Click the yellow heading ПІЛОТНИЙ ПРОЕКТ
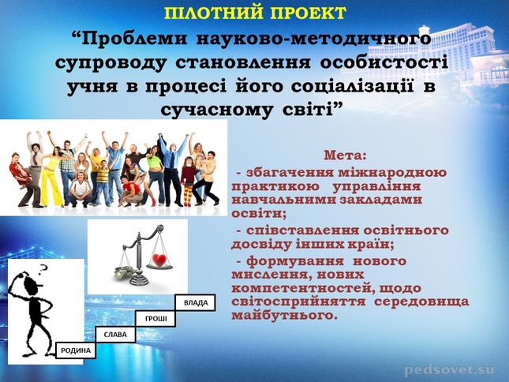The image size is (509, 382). (255, 13)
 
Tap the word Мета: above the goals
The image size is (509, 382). (345, 155)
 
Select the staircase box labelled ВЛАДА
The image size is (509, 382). (196, 303)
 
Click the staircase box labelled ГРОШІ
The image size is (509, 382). (155, 319)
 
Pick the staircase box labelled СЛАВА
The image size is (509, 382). (115, 335)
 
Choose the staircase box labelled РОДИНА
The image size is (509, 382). (76, 350)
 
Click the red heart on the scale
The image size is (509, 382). (159, 260)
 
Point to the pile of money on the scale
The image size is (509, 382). (124, 272)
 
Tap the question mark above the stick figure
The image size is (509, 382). (43, 268)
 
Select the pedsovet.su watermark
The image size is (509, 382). (450, 370)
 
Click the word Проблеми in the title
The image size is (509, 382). (133, 39)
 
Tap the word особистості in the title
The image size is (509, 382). (384, 62)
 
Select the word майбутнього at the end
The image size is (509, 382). (283, 316)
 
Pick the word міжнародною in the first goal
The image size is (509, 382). (392, 172)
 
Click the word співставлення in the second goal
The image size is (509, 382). (303, 230)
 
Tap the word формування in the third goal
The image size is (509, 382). (295, 261)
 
